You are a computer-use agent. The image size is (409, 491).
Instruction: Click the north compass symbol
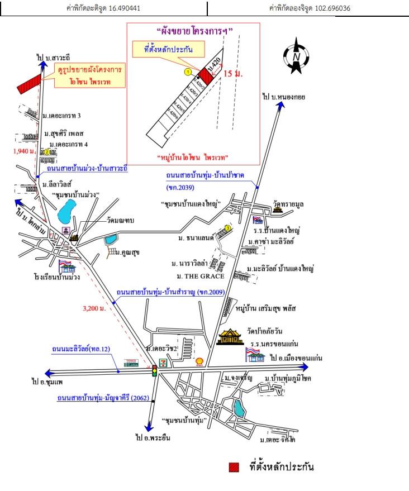297,55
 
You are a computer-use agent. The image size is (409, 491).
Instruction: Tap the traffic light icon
155,370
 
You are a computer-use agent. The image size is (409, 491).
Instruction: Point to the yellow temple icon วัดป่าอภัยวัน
229,336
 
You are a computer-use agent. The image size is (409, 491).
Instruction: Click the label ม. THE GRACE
200,276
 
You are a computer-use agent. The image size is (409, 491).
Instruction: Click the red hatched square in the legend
234,468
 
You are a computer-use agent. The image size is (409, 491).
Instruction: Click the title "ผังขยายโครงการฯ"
193,31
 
